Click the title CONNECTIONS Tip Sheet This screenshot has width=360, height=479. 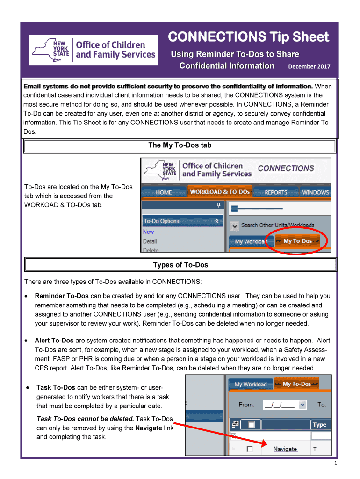(248, 37)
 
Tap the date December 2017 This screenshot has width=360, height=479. (309, 67)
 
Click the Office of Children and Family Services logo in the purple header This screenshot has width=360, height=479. (93, 50)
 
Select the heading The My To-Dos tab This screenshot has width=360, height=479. (180, 145)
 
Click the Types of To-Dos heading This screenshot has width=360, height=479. (180, 265)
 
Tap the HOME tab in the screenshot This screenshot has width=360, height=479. (164, 192)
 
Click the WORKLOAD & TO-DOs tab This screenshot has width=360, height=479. (220, 192)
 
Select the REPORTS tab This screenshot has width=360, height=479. (276, 192)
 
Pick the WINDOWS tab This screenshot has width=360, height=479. (315, 192)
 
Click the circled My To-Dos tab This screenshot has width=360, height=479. (297, 241)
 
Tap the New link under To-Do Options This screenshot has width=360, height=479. (148, 232)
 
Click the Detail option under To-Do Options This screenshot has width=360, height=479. (150, 241)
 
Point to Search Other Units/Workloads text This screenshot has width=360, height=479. (278, 225)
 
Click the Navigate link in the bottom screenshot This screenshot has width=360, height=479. (285, 449)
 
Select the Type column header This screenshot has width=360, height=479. (320, 425)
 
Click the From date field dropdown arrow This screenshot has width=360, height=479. (302, 405)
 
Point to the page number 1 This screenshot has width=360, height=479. (336, 464)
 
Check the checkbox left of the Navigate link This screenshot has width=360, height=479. (250, 449)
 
